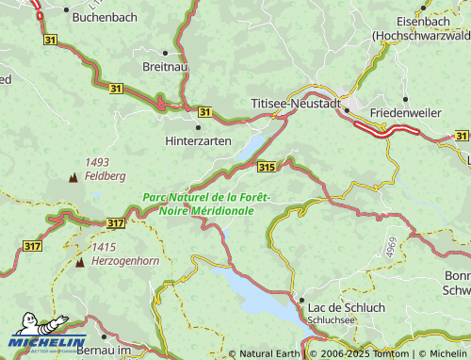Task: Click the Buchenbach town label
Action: [x=104, y=18]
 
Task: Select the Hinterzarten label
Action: [x=198, y=139]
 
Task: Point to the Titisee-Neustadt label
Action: [x=296, y=102]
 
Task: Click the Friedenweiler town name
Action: [x=406, y=112]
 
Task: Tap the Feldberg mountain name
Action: [x=106, y=176]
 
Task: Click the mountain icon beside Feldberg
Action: [x=73, y=176]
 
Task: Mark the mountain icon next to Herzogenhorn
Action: [x=79, y=260]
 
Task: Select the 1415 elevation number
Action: [x=104, y=247]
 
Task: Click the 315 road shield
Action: [x=267, y=167]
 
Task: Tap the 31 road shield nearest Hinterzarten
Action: [x=206, y=111]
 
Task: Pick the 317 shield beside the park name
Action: [x=115, y=223]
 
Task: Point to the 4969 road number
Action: [x=389, y=248]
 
